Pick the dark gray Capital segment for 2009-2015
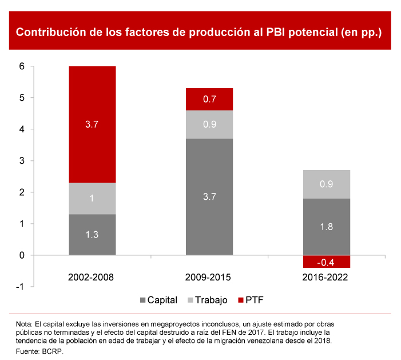pyautogui.click(x=209, y=196)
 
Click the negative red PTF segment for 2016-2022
pyautogui.click(x=327, y=262)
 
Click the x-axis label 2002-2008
pyautogui.click(x=92, y=278)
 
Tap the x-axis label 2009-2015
pyautogui.click(x=209, y=278)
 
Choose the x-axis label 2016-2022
pyautogui.click(x=326, y=278)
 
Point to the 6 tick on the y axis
pyautogui.click(x=22, y=66)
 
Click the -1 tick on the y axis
pyautogui.click(x=21, y=287)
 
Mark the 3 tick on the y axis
pyautogui.click(x=22, y=161)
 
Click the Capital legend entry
pyautogui.click(x=158, y=300)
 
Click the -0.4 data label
pyautogui.click(x=327, y=263)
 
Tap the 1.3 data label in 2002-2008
pyautogui.click(x=92, y=235)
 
